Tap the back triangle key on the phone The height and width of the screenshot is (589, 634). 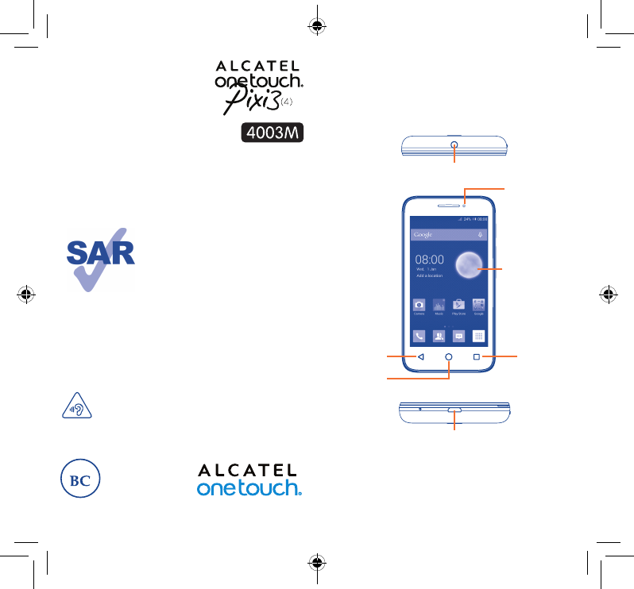click(421, 357)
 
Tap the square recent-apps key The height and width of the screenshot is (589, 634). click(477, 357)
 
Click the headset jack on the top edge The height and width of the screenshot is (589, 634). click(454, 145)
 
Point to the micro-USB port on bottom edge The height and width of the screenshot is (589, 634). click(454, 410)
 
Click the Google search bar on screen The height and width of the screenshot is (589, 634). click(448, 235)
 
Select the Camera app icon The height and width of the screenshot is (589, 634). click(419, 305)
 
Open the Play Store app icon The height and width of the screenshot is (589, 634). click(458, 305)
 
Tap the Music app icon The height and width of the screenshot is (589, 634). click(439, 305)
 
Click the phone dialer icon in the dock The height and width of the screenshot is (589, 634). click(419, 335)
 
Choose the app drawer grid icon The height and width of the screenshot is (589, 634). click(478, 335)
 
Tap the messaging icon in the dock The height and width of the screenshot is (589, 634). click(458, 335)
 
